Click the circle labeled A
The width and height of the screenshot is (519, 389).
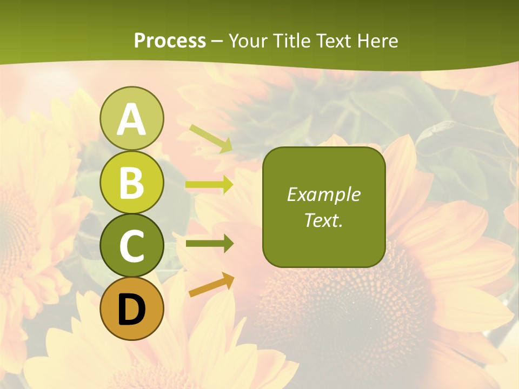coord(131,118)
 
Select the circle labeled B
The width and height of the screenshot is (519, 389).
coord(131,182)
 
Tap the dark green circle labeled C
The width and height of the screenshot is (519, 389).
coord(131,245)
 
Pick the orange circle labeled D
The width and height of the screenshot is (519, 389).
coord(131,308)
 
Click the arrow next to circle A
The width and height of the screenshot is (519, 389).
coord(211,138)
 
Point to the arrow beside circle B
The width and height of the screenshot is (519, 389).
coord(209,185)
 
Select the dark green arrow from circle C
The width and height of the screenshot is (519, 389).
coord(209,244)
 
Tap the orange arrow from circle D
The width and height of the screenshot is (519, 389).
coord(211,285)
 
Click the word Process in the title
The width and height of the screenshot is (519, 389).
coord(170,41)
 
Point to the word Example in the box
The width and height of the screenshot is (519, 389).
coord(324,194)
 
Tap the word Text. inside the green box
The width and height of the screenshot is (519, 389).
coord(324,220)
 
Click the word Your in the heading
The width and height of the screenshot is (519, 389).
coord(250,41)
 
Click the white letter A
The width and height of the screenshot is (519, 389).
coord(131,119)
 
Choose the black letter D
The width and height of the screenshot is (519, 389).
coord(131,310)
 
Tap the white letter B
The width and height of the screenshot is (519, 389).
coord(131,183)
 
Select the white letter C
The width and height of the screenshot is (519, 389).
coord(131,246)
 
